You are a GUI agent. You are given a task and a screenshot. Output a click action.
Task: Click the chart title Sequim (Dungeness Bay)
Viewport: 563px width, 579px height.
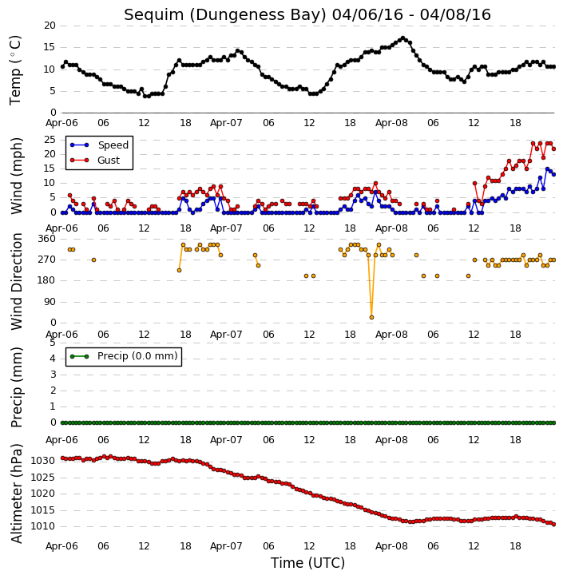[x=225, y=15]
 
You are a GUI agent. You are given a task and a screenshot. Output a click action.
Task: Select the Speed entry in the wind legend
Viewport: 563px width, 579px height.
[x=113, y=145]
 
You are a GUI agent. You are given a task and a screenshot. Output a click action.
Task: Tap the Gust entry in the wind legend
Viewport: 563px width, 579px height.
[x=109, y=161]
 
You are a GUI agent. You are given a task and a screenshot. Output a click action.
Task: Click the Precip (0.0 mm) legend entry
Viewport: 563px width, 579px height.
[x=137, y=356]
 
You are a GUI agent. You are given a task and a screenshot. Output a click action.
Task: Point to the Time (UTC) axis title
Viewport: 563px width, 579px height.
[x=307, y=563]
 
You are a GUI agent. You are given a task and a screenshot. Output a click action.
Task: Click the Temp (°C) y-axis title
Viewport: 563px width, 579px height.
[x=15, y=70]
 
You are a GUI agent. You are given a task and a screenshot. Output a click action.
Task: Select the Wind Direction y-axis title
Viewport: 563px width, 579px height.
[x=17, y=281]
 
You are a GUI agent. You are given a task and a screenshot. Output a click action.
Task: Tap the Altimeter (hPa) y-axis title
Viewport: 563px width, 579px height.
[x=16, y=494]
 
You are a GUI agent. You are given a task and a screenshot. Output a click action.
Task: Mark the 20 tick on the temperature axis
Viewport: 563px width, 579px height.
[x=50, y=26]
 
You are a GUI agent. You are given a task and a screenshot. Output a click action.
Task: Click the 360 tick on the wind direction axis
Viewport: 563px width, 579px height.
[x=47, y=239]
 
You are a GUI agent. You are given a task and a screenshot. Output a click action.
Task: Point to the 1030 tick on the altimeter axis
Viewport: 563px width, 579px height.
[x=43, y=461]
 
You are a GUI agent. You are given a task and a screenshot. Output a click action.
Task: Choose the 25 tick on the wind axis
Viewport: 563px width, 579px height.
[x=50, y=140]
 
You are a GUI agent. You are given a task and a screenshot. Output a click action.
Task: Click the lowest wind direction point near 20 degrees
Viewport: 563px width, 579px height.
[x=372, y=318]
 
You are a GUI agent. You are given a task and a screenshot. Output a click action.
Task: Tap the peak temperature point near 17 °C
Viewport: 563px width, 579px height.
[x=402, y=38]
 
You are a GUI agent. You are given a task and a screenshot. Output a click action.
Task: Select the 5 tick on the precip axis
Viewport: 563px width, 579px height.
[x=53, y=343]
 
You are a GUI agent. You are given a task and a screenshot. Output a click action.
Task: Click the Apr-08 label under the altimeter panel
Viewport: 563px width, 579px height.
[x=391, y=546]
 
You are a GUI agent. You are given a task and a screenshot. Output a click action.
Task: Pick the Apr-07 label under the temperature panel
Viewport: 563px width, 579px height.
[x=226, y=123]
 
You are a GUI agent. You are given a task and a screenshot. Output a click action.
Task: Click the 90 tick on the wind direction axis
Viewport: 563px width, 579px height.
[x=50, y=302]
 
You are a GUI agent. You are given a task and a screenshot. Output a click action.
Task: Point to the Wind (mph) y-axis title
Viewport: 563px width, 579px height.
[x=17, y=176]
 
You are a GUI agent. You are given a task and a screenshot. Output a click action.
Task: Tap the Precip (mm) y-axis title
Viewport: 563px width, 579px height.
[x=17, y=387]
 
